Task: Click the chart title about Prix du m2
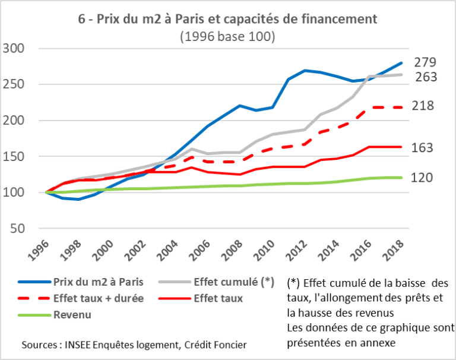click(x=227, y=19)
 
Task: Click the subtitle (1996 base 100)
click(x=227, y=36)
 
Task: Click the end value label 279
click(x=425, y=62)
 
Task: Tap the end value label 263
click(x=425, y=77)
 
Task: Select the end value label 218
click(x=425, y=106)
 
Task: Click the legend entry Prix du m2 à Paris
click(x=96, y=282)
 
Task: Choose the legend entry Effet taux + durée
click(x=98, y=298)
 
